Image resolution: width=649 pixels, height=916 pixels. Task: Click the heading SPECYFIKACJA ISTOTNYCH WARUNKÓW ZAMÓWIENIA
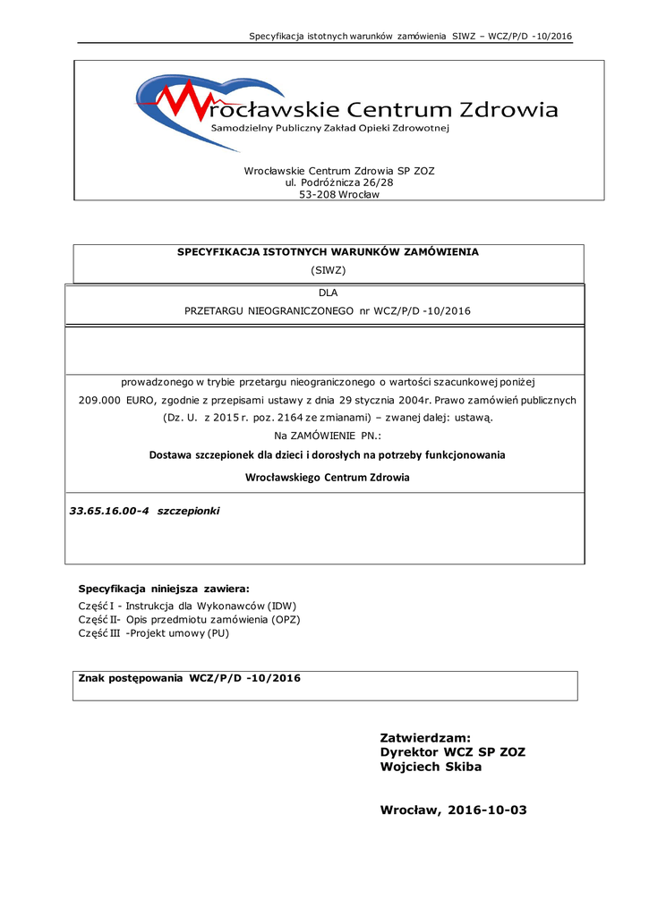[x=328, y=251]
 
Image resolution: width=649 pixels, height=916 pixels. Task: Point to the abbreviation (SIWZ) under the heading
[x=328, y=269]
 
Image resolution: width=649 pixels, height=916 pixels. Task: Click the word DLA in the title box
[x=328, y=292]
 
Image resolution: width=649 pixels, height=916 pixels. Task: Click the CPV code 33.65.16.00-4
[x=108, y=511]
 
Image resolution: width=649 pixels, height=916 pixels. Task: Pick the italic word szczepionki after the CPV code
[x=188, y=511]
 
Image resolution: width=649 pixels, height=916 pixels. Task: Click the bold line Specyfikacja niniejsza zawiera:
[x=165, y=589]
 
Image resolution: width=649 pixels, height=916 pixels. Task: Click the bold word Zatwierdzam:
[x=425, y=738]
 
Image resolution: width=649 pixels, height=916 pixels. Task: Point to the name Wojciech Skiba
[x=431, y=767]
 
